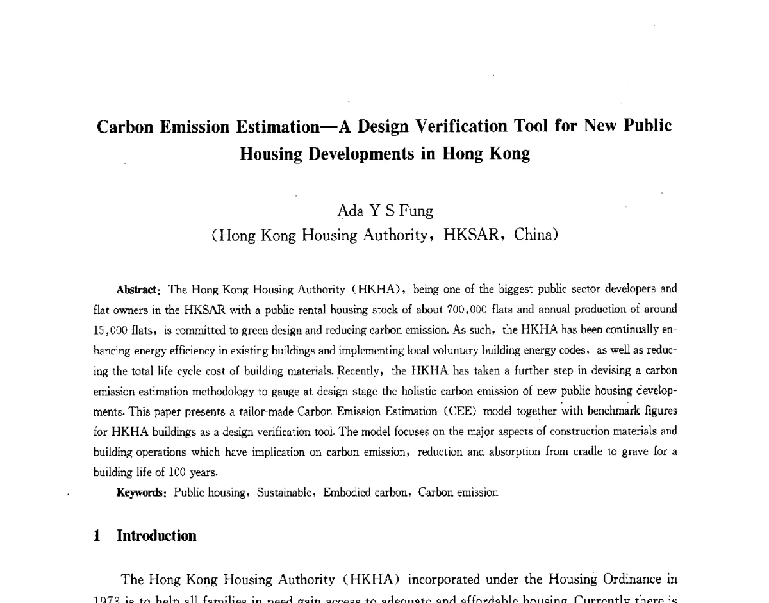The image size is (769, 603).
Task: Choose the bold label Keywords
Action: click(x=142, y=493)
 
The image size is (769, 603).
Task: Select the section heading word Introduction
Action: click(x=156, y=536)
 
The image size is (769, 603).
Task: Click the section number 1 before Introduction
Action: click(x=97, y=536)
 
